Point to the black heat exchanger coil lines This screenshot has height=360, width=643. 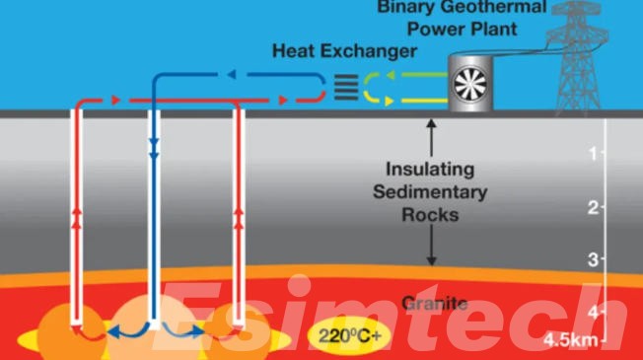345,87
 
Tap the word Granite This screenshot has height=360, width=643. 434,302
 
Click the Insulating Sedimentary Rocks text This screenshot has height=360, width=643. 431,190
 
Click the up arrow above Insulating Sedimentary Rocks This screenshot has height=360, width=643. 431,126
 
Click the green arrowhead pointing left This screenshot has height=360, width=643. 391,75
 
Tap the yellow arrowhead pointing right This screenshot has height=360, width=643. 391,100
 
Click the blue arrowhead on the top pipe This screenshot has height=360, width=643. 230,74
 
